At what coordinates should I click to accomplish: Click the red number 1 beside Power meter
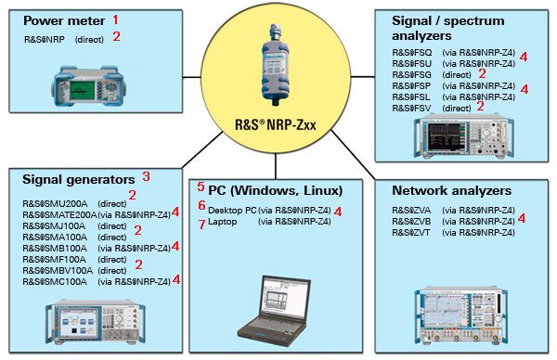click(116, 19)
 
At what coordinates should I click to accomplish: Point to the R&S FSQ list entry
click(413, 57)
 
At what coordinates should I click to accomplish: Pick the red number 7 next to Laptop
click(201, 224)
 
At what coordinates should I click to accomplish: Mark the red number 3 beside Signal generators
click(145, 176)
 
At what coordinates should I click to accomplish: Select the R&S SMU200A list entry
click(56, 202)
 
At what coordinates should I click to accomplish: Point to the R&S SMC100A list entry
click(56, 280)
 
